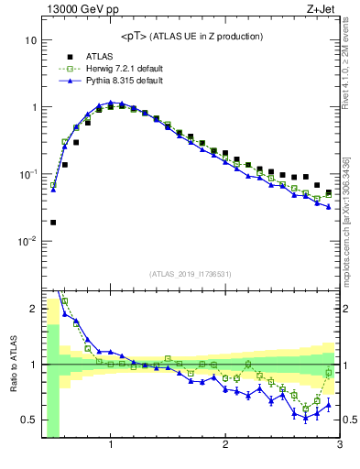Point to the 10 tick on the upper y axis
coord(30,41)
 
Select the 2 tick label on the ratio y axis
coord(33,309)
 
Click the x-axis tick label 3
coord(339,445)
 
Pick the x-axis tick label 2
coord(225,445)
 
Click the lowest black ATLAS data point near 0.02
coord(53,222)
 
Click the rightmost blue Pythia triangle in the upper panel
coord(329,206)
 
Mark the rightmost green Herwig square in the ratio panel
coord(329,373)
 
